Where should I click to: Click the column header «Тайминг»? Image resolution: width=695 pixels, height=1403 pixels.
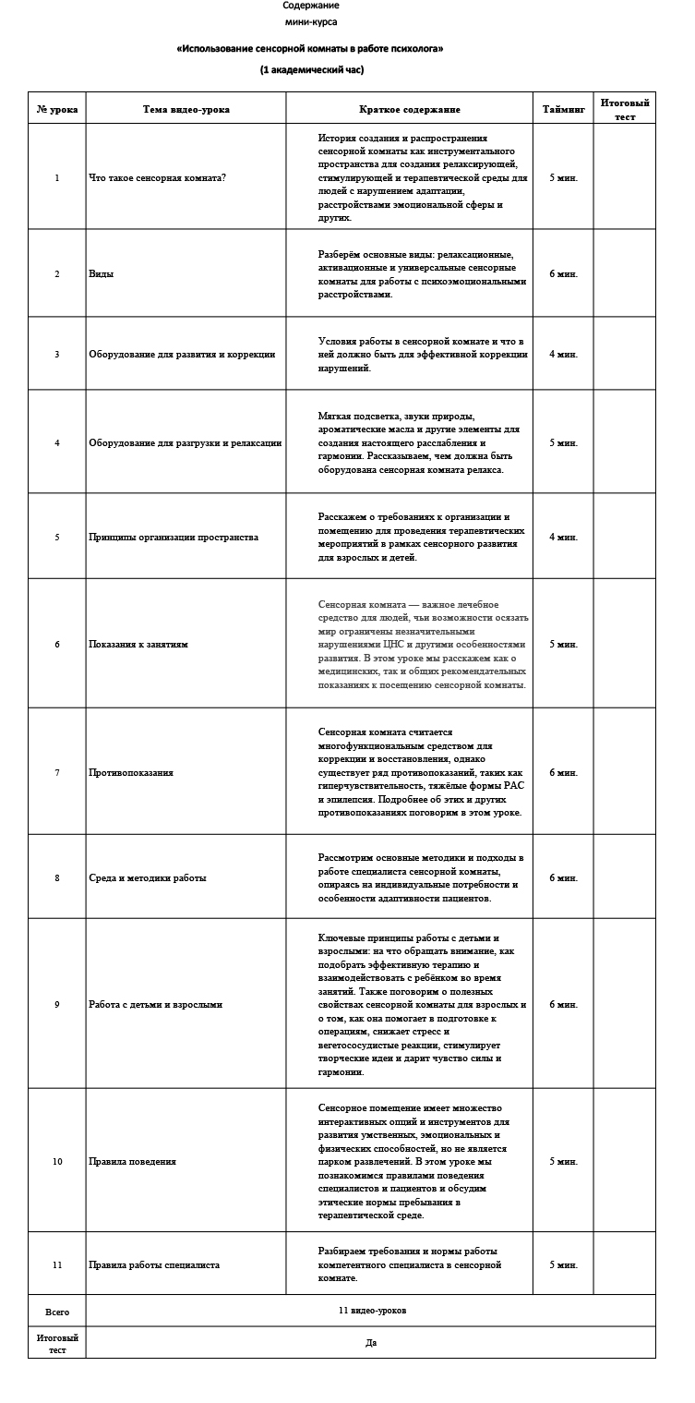tap(563, 109)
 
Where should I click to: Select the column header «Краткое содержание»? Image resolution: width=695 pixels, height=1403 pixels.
tap(409, 109)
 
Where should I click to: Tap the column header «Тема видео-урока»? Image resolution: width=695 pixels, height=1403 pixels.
tap(186, 109)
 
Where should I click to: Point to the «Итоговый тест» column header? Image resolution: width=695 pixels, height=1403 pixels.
tap(624, 109)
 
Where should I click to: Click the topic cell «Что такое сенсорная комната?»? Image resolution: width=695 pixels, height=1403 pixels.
tap(157, 177)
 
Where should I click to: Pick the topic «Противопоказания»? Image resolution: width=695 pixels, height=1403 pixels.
tap(130, 772)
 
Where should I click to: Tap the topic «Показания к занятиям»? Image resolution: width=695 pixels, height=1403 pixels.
tap(138, 645)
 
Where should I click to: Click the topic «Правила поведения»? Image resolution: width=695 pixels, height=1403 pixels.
tap(132, 1162)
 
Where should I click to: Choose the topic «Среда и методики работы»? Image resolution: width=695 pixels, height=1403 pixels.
tap(147, 878)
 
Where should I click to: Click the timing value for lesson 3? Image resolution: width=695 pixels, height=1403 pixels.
tap(563, 354)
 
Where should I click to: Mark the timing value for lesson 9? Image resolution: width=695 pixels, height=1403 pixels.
tap(563, 1005)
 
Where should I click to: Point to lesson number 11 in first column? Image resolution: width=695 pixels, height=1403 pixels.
tap(57, 1265)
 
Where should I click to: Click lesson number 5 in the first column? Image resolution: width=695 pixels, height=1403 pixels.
tap(57, 538)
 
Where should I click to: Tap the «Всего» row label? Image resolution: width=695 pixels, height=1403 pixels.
tap(57, 1312)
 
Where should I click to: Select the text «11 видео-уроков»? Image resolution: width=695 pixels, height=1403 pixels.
tap(372, 1311)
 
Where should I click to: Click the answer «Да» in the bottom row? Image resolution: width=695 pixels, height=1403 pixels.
tap(371, 1343)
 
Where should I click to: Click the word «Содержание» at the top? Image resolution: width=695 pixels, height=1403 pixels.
tap(311, 6)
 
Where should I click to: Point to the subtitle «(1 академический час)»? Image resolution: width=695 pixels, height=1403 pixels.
tap(311, 69)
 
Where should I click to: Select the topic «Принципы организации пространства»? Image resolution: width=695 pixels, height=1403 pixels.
tap(174, 538)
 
